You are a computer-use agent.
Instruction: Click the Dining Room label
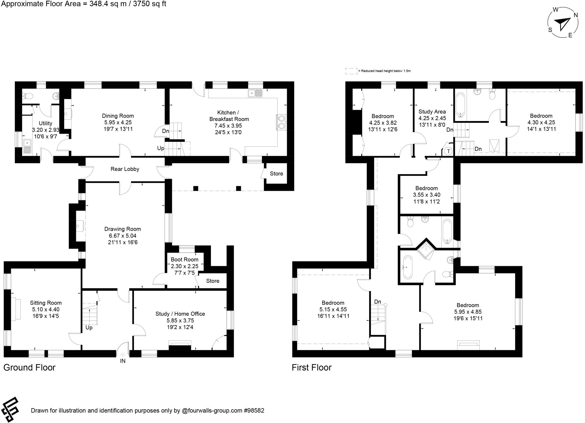pyautogui.click(x=118, y=116)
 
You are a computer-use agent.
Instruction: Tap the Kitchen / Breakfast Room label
pyautogui.click(x=229, y=116)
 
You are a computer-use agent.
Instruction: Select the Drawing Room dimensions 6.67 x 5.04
pyautogui.click(x=123, y=236)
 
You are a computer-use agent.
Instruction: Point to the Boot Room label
pyautogui.click(x=184, y=259)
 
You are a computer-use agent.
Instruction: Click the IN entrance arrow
pyautogui.click(x=123, y=355)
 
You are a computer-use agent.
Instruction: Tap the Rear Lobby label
pyautogui.click(x=125, y=169)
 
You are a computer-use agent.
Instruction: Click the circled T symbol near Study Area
pyautogui.click(x=448, y=151)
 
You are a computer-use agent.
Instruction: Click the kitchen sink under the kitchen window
pyautogui.click(x=255, y=93)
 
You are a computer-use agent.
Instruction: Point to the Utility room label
pyautogui.click(x=45, y=123)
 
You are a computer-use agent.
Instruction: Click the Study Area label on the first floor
pyautogui.click(x=432, y=112)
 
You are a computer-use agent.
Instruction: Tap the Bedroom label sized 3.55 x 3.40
pyautogui.click(x=426, y=188)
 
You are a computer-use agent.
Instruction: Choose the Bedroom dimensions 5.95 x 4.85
pyautogui.click(x=468, y=312)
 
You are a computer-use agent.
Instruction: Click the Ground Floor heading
pyautogui.click(x=29, y=367)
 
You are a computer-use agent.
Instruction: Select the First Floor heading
pyautogui.click(x=311, y=367)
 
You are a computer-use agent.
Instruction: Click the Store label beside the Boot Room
pyautogui.click(x=213, y=281)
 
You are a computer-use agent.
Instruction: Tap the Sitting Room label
pyautogui.click(x=46, y=303)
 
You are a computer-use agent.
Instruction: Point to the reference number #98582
pyautogui.click(x=254, y=410)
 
